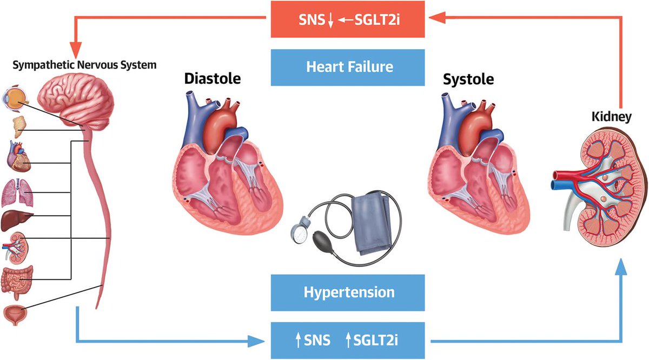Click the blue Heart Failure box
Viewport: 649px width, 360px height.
[x=348, y=67]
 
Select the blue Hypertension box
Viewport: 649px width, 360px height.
[x=348, y=292]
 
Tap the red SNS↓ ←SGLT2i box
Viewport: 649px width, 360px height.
[x=348, y=19]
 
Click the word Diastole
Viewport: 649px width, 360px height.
[x=212, y=79]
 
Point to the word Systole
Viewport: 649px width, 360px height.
[x=468, y=79]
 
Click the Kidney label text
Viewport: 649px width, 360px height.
[x=611, y=116]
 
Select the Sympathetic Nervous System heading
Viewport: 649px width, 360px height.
[x=84, y=65]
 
